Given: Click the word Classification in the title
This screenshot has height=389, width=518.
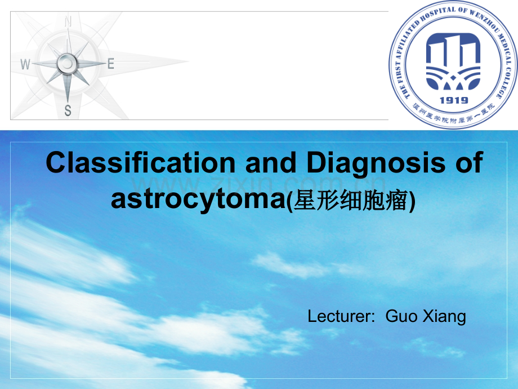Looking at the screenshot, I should (140, 163).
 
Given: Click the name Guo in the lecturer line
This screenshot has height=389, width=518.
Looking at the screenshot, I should (399, 317).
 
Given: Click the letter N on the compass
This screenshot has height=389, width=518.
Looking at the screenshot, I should (68, 22).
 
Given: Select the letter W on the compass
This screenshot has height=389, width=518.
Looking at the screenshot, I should (25, 65).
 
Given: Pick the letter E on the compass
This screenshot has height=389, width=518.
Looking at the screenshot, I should (111, 64).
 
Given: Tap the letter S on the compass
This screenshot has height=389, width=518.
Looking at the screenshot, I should (68, 110).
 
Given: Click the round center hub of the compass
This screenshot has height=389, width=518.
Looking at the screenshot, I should (68, 64).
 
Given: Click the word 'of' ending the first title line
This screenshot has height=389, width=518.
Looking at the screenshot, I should (468, 163).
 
